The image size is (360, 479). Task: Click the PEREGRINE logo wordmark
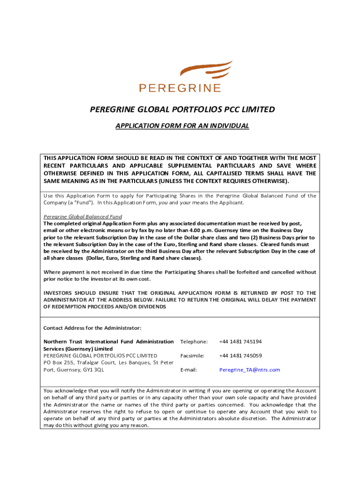[180, 88]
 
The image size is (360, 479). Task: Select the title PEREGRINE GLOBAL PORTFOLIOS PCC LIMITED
[182, 110]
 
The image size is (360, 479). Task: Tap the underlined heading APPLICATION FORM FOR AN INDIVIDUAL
[182, 126]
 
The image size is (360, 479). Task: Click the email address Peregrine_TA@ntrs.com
[250, 370]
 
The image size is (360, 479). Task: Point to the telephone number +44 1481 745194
[240, 342]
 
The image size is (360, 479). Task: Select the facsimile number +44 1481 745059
[240, 356]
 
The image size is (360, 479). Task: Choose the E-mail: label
[189, 370]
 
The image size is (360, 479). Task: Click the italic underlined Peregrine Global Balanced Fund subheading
[83, 217]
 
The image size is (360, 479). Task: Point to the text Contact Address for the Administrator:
[92, 328]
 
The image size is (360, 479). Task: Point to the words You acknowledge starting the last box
[65, 391]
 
